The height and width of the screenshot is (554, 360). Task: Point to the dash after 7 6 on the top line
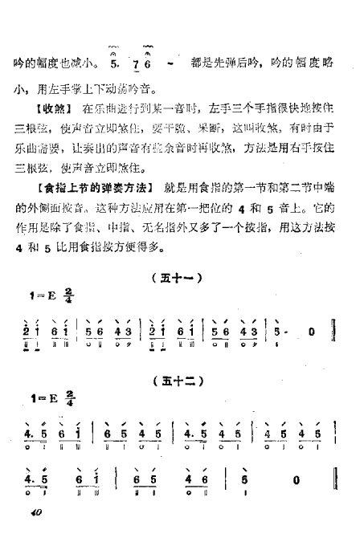[170, 62]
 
